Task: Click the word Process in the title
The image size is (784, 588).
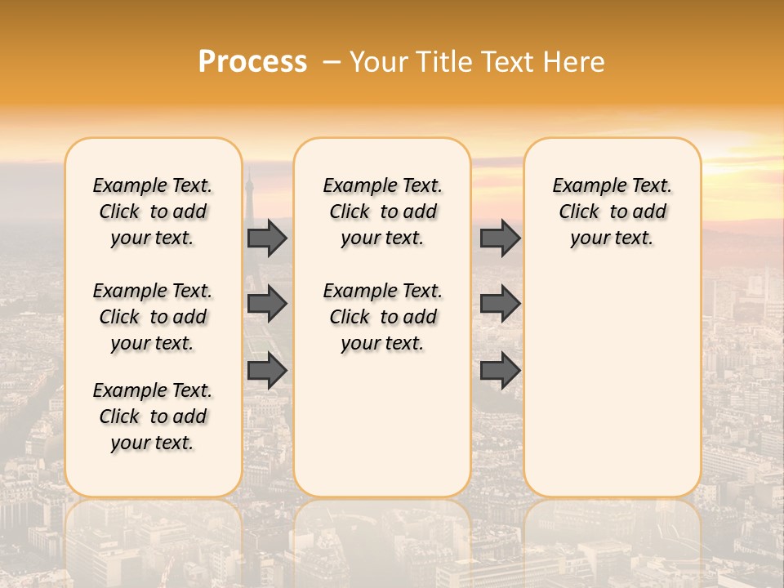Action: tap(252, 62)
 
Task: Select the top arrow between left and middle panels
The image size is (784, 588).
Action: tap(267, 238)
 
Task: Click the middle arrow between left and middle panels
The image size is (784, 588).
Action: tap(267, 304)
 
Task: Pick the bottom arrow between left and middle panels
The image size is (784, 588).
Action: tap(267, 371)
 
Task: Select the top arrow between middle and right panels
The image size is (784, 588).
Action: tap(500, 238)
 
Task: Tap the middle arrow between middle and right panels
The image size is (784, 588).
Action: tap(500, 304)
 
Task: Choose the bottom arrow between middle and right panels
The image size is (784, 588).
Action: tap(500, 371)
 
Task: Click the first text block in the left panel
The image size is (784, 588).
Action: tap(153, 212)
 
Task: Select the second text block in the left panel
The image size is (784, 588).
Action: tap(153, 317)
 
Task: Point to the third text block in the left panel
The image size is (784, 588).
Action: tap(153, 416)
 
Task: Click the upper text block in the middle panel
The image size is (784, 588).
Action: tap(382, 212)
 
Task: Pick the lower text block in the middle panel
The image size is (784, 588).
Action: tap(382, 317)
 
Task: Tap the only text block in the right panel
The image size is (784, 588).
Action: tap(612, 212)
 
